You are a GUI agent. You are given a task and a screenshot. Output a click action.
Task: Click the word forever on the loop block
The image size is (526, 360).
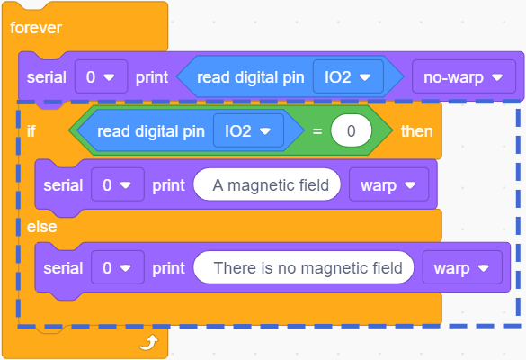[36, 28]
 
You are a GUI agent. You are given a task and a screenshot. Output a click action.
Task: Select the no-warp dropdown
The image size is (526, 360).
[464, 76]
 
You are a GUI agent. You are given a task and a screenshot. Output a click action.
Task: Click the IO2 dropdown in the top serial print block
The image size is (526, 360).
[348, 76]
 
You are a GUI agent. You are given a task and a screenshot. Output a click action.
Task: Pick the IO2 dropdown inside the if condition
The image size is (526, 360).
[248, 130]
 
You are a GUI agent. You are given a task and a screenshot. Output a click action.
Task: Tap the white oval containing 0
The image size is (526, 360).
[351, 130]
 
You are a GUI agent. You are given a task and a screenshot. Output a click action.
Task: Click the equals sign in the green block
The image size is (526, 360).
[317, 131]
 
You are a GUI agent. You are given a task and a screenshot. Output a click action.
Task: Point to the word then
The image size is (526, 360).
[416, 131]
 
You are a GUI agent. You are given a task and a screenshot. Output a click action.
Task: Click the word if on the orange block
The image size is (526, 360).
[31, 131]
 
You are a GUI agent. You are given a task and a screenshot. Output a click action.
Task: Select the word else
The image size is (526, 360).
[41, 227]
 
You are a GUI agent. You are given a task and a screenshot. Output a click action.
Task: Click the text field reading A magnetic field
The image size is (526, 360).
[267, 184]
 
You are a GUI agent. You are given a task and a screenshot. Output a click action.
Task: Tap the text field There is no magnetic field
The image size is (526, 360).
[304, 267]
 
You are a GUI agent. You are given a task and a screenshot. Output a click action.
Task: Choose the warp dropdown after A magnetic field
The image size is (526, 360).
[388, 184]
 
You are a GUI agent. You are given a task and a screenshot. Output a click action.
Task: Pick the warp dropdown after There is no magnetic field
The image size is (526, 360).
[462, 267]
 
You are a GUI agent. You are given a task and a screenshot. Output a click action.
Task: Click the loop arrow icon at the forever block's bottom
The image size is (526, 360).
[149, 342]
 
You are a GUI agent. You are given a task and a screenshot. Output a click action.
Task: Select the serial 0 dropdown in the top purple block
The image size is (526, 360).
[101, 76]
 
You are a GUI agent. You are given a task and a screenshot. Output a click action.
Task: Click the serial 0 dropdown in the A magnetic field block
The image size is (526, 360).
[118, 184]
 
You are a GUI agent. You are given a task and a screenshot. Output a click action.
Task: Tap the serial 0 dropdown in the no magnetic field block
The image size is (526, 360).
[118, 267]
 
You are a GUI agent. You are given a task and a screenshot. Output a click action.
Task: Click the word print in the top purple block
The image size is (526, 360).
[152, 77]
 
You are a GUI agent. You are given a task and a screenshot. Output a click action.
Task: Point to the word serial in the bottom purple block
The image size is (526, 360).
[63, 268]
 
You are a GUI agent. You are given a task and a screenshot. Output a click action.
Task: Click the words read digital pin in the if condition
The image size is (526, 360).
[151, 131]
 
